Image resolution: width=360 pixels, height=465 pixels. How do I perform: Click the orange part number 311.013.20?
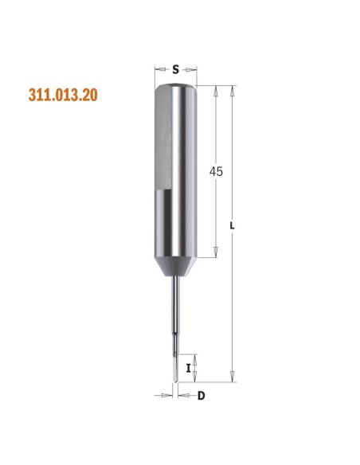point(63,95)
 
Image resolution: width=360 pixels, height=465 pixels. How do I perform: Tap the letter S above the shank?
point(176,70)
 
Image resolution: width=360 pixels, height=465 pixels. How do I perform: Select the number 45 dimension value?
point(216,171)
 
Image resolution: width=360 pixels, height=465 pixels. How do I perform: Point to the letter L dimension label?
point(233,225)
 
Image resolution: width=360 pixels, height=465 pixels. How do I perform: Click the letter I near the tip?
point(188,369)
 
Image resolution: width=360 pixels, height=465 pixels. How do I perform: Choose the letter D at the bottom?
point(201,396)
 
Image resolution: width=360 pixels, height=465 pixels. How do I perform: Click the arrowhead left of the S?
point(160,69)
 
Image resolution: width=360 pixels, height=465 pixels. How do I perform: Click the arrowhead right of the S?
point(191,70)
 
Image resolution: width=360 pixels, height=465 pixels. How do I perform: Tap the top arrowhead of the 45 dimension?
point(216,91)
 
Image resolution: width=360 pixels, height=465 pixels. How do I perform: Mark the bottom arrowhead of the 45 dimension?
point(216,252)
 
